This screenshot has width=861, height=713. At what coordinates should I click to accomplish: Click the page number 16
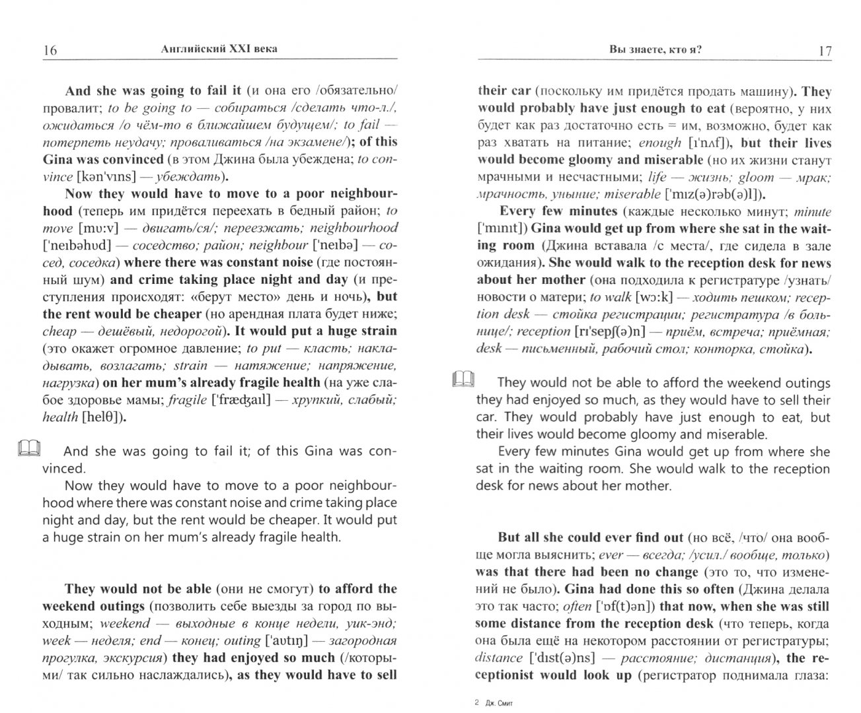(x=50, y=51)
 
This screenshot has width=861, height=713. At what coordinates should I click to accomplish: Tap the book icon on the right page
(x=463, y=379)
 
